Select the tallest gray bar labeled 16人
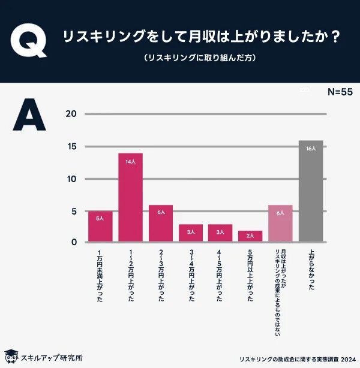(x=310, y=191)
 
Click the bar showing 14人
(x=130, y=197)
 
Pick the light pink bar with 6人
(x=280, y=223)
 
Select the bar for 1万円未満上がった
(x=100, y=226)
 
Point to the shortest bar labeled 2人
(x=250, y=236)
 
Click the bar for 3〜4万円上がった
(x=190, y=233)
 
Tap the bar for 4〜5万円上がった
(x=220, y=233)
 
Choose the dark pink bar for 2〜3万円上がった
(x=160, y=223)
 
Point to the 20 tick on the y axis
(x=71, y=114)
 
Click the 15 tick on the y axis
(x=71, y=147)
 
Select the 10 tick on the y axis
(x=71, y=179)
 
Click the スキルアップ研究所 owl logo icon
(x=10, y=357)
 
